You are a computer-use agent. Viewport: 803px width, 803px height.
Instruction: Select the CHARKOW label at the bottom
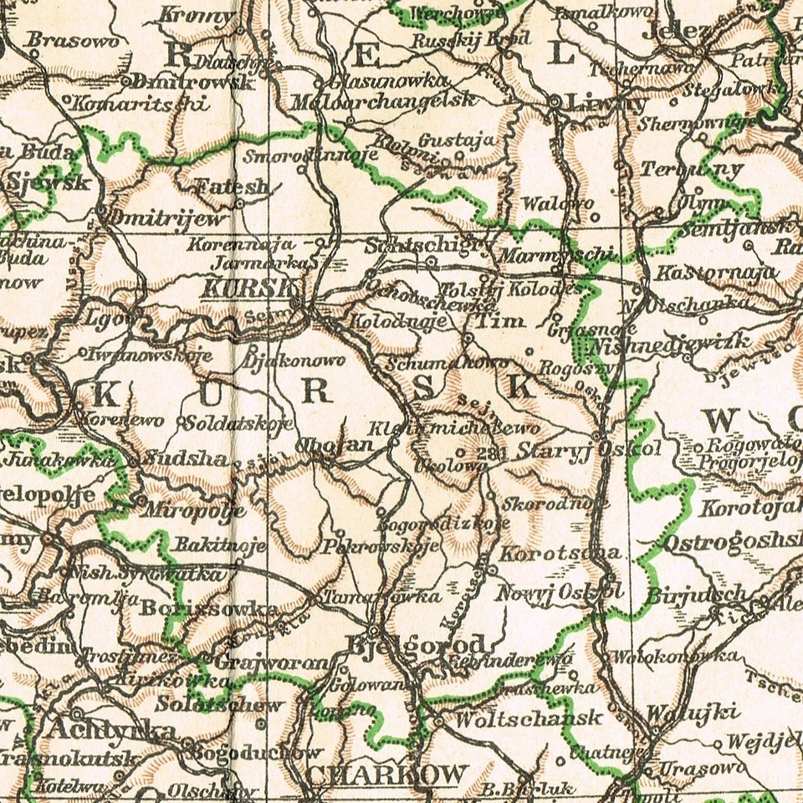click(386, 775)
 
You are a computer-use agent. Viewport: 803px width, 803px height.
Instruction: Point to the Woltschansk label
click(518, 718)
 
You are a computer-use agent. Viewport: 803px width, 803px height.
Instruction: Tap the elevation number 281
click(495, 453)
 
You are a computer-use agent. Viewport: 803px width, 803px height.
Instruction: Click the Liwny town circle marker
click(555, 101)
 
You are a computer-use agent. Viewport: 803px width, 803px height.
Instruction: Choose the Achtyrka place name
click(111, 730)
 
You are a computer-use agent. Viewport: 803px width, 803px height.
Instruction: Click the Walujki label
click(693, 713)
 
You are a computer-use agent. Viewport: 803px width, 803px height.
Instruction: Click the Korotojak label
click(749, 507)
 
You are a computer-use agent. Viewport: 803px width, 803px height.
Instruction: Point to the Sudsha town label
click(185, 458)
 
